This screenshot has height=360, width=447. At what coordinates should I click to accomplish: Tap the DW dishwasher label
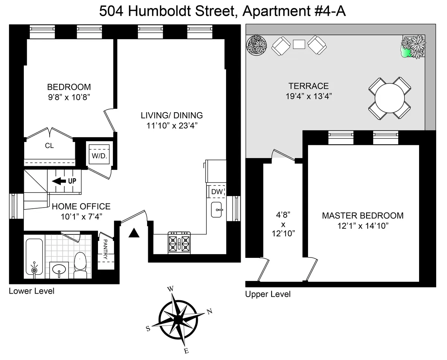point(217,192)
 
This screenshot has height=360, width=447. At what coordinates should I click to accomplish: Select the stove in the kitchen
point(180,243)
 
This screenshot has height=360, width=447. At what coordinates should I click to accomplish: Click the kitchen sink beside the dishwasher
point(216,210)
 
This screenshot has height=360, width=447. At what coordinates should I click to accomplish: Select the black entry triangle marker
point(134,233)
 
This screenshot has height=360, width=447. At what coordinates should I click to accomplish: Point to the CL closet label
point(49,146)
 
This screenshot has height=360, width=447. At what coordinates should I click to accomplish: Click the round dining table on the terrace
point(390,98)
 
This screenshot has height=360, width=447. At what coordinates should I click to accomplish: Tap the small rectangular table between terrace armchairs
point(299,44)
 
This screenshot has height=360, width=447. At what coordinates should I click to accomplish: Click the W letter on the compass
point(171,289)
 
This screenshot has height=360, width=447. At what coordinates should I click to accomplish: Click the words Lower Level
point(31,291)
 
